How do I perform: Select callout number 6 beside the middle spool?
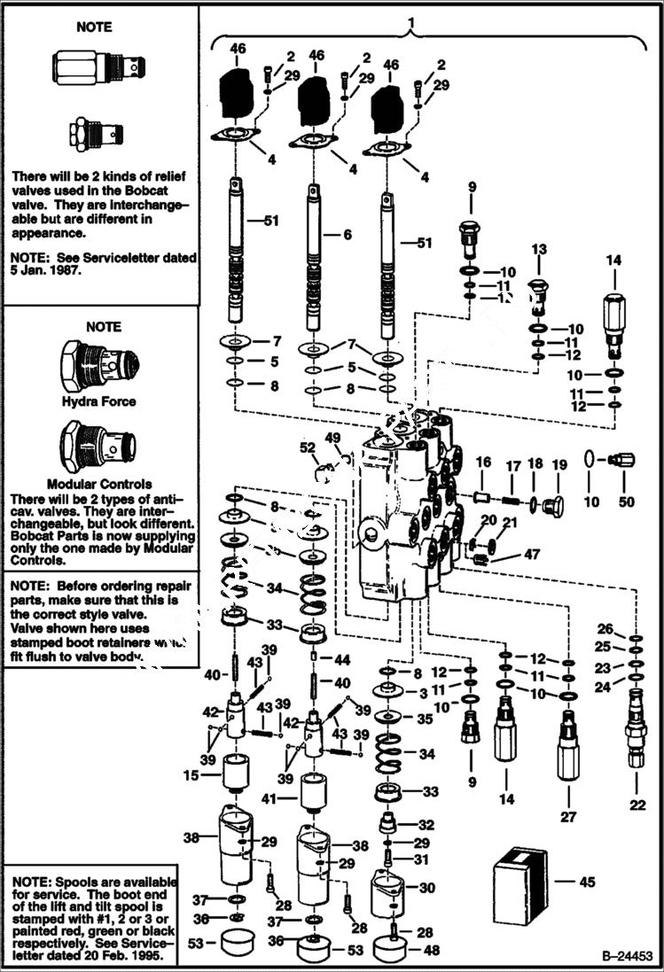[348, 234]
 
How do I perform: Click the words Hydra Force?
[98, 401]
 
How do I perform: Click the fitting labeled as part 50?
[623, 461]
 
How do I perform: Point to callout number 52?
[308, 448]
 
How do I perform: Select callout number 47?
[532, 555]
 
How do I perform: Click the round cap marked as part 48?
[390, 952]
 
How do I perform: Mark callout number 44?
[342, 661]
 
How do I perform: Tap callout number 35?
[426, 720]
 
